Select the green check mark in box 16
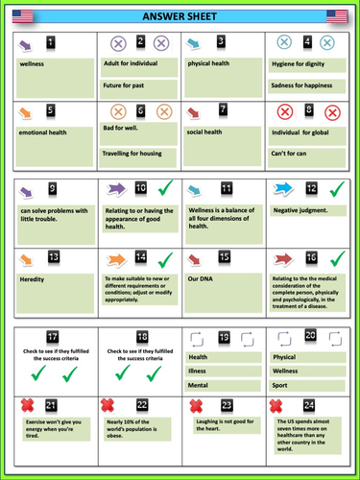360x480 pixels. tap(337, 258)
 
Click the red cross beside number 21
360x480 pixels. tap(25, 406)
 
